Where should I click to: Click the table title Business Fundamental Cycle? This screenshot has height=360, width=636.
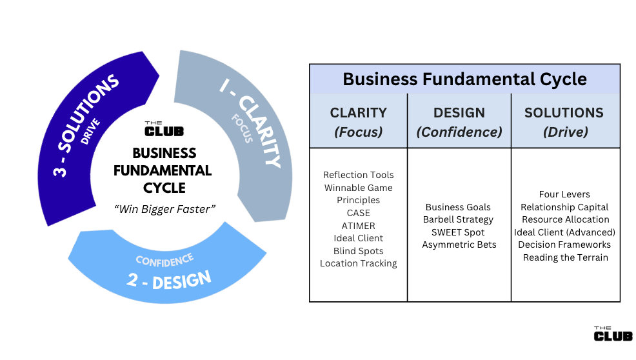point(464,79)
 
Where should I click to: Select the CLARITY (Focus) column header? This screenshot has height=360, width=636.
point(358,121)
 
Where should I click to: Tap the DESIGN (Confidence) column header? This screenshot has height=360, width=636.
point(459,121)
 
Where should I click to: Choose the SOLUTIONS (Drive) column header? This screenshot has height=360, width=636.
point(564,121)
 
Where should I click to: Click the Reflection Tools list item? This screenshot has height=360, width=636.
point(358,175)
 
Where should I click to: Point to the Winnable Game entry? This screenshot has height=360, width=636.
point(358,188)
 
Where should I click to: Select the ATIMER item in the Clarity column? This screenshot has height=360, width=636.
point(358,226)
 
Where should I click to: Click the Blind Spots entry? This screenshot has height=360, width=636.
point(358,251)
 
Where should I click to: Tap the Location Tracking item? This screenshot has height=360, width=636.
point(358,263)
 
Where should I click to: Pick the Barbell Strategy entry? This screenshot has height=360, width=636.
point(459,219)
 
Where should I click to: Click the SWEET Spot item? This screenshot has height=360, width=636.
point(459,232)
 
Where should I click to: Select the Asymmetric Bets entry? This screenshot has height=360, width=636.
point(459,245)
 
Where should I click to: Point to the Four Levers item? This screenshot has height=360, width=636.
point(564,194)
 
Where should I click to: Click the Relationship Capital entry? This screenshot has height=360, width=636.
point(564,207)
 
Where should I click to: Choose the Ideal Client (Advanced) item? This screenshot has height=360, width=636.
point(564,232)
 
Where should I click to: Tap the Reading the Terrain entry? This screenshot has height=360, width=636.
point(565,257)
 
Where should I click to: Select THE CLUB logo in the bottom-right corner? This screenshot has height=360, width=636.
point(613,334)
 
